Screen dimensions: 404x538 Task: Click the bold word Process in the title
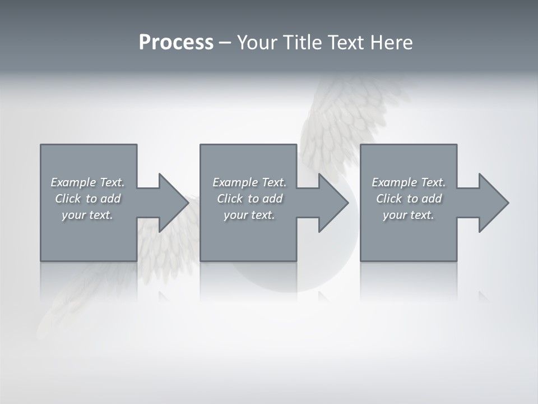pyautogui.click(x=176, y=43)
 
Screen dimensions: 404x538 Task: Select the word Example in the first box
pyautogui.click(x=73, y=182)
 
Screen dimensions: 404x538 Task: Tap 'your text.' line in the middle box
pyautogui.click(x=249, y=215)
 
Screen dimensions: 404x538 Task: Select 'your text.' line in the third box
pyautogui.click(x=408, y=215)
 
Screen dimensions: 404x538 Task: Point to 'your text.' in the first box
pyautogui.click(x=87, y=215)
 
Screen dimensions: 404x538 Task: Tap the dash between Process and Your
pyautogui.click(x=225, y=43)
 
